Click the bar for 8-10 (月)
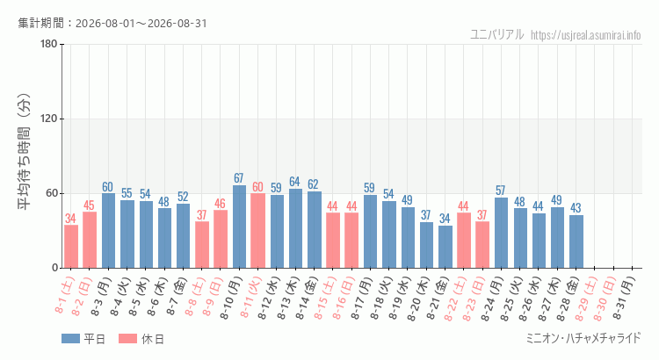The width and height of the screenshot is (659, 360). pyautogui.click(x=239, y=227)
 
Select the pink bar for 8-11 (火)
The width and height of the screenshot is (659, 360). pyautogui.click(x=257, y=231)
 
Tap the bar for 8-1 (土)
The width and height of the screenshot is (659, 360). pyautogui.click(x=71, y=247)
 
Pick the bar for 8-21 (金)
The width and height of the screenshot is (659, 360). pyautogui.click(x=445, y=247)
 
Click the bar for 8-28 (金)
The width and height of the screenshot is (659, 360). pyautogui.click(x=576, y=241)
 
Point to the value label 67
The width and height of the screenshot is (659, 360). pyautogui.click(x=239, y=178)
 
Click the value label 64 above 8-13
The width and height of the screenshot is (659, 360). pyautogui.click(x=294, y=182)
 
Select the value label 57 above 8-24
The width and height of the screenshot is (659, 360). pyautogui.click(x=500, y=191)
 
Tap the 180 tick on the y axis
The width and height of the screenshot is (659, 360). pyautogui.click(x=48, y=44)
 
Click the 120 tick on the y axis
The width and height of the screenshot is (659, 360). pyautogui.click(x=48, y=119)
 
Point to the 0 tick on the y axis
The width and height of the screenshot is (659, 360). pyautogui.click(x=54, y=268)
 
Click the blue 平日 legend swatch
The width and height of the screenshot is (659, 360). pyautogui.click(x=70, y=339)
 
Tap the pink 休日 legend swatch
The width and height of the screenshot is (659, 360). pyautogui.click(x=127, y=339)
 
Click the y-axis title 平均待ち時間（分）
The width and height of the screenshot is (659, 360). pyautogui.click(x=24, y=152)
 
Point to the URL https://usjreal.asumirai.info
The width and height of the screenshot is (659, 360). pyautogui.click(x=586, y=35)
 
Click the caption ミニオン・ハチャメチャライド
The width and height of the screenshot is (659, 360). pyautogui.click(x=583, y=338)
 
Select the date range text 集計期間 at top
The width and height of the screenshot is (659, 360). pyautogui.click(x=112, y=23)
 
